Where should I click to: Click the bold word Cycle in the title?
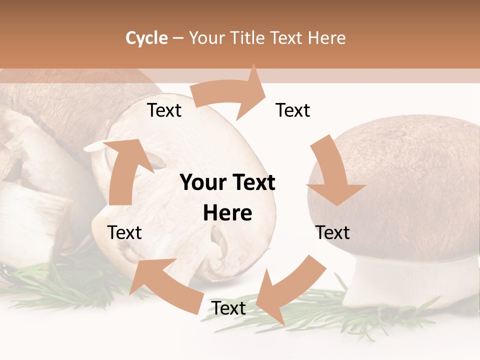146,38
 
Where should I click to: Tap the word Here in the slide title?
326,38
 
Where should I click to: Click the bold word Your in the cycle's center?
202,183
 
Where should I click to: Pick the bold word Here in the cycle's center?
227,213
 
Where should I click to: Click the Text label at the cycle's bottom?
228,308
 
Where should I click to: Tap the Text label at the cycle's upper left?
164,110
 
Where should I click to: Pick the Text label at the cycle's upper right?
293,110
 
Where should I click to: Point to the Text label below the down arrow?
333,232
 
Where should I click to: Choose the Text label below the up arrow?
124,232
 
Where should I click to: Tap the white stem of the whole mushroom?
400,280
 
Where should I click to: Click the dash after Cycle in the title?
178,38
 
